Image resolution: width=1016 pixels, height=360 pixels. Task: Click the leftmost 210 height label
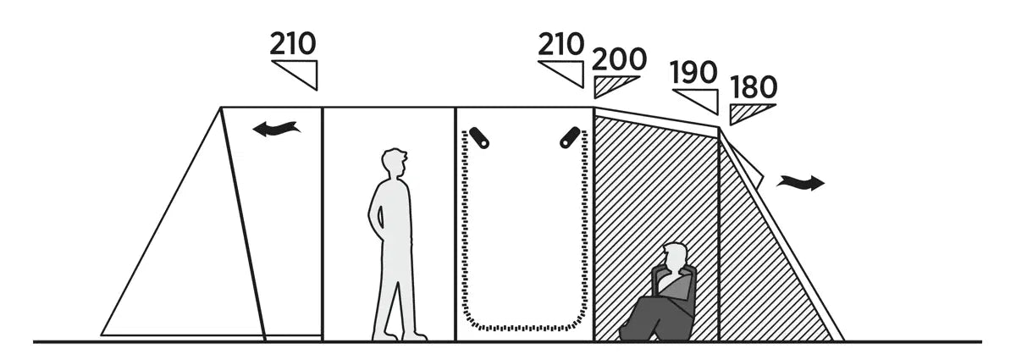(x=293, y=43)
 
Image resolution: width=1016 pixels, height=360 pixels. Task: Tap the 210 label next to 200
(x=560, y=43)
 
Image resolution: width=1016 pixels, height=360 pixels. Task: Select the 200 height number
(x=619, y=59)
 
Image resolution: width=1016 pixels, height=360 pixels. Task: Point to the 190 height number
(x=693, y=73)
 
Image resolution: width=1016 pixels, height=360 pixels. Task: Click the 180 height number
(x=753, y=87)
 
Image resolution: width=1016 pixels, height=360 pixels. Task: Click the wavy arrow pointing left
(x=276, y=129)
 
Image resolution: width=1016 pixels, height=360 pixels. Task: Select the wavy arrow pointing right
(x=800, y=181)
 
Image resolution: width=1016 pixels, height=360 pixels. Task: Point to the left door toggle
(x=481, y=137)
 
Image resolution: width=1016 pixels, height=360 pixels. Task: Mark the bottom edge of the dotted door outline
(x=525, y=326)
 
